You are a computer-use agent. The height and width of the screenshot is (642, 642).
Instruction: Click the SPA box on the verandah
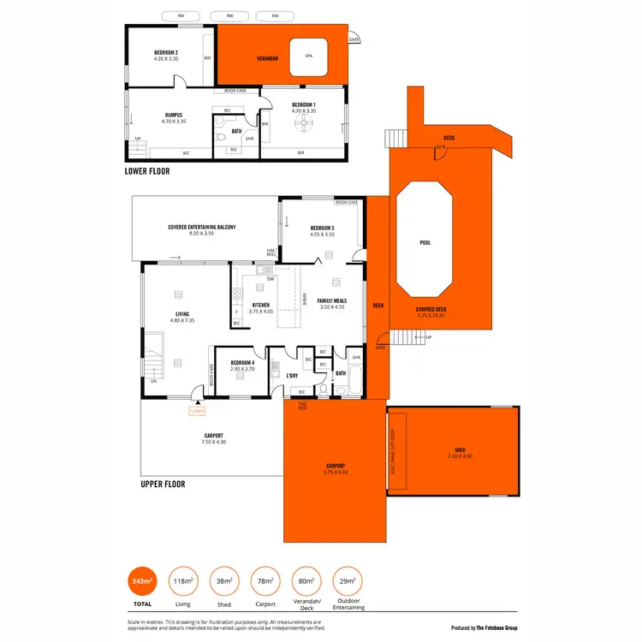(308, 56)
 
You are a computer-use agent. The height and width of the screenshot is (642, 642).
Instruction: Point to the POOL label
(425, 242)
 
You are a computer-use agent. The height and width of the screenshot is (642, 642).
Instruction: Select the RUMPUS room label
(174, 116)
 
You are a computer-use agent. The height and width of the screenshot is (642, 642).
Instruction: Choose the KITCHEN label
(260, 305)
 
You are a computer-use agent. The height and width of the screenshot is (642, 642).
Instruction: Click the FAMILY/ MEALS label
(331, 300)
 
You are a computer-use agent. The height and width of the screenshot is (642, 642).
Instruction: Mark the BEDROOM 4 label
(243, 363)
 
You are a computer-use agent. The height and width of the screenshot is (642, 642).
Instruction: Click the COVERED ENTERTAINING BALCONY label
(202, 227)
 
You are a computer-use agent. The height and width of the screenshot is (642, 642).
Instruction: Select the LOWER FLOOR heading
(147, 171)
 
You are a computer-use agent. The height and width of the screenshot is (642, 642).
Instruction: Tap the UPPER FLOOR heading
(163, 484)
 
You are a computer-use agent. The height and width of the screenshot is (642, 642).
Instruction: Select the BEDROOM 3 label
(322, 227)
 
